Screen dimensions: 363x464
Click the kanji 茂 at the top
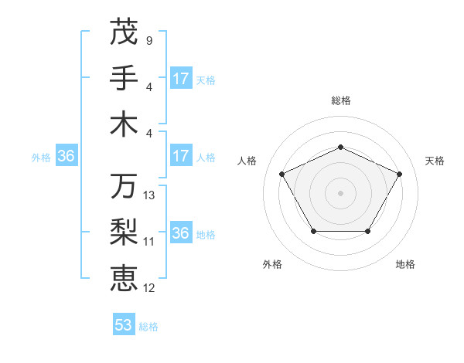coord(124,32)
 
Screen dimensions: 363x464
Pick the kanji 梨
coord(124,232)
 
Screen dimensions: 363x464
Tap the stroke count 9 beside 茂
coord(148,40)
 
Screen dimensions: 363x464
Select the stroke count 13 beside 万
coord(149,195)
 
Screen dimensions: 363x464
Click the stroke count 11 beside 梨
coord(149,241)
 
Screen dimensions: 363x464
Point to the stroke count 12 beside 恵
coord(149,287)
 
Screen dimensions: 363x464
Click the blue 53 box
coord(124,325)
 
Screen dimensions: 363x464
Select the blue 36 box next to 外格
coord(66,157)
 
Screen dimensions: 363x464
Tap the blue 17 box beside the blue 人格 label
coord(181,157)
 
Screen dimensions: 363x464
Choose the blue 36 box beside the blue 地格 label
coord(181,233)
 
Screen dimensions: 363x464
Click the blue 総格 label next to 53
coord(149,327)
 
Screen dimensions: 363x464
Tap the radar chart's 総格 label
coord(341,100)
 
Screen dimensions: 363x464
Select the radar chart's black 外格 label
coord(272,264)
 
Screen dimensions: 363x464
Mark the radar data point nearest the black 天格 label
coord(400,174)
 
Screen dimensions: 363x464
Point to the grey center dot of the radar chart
coord(341,192)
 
